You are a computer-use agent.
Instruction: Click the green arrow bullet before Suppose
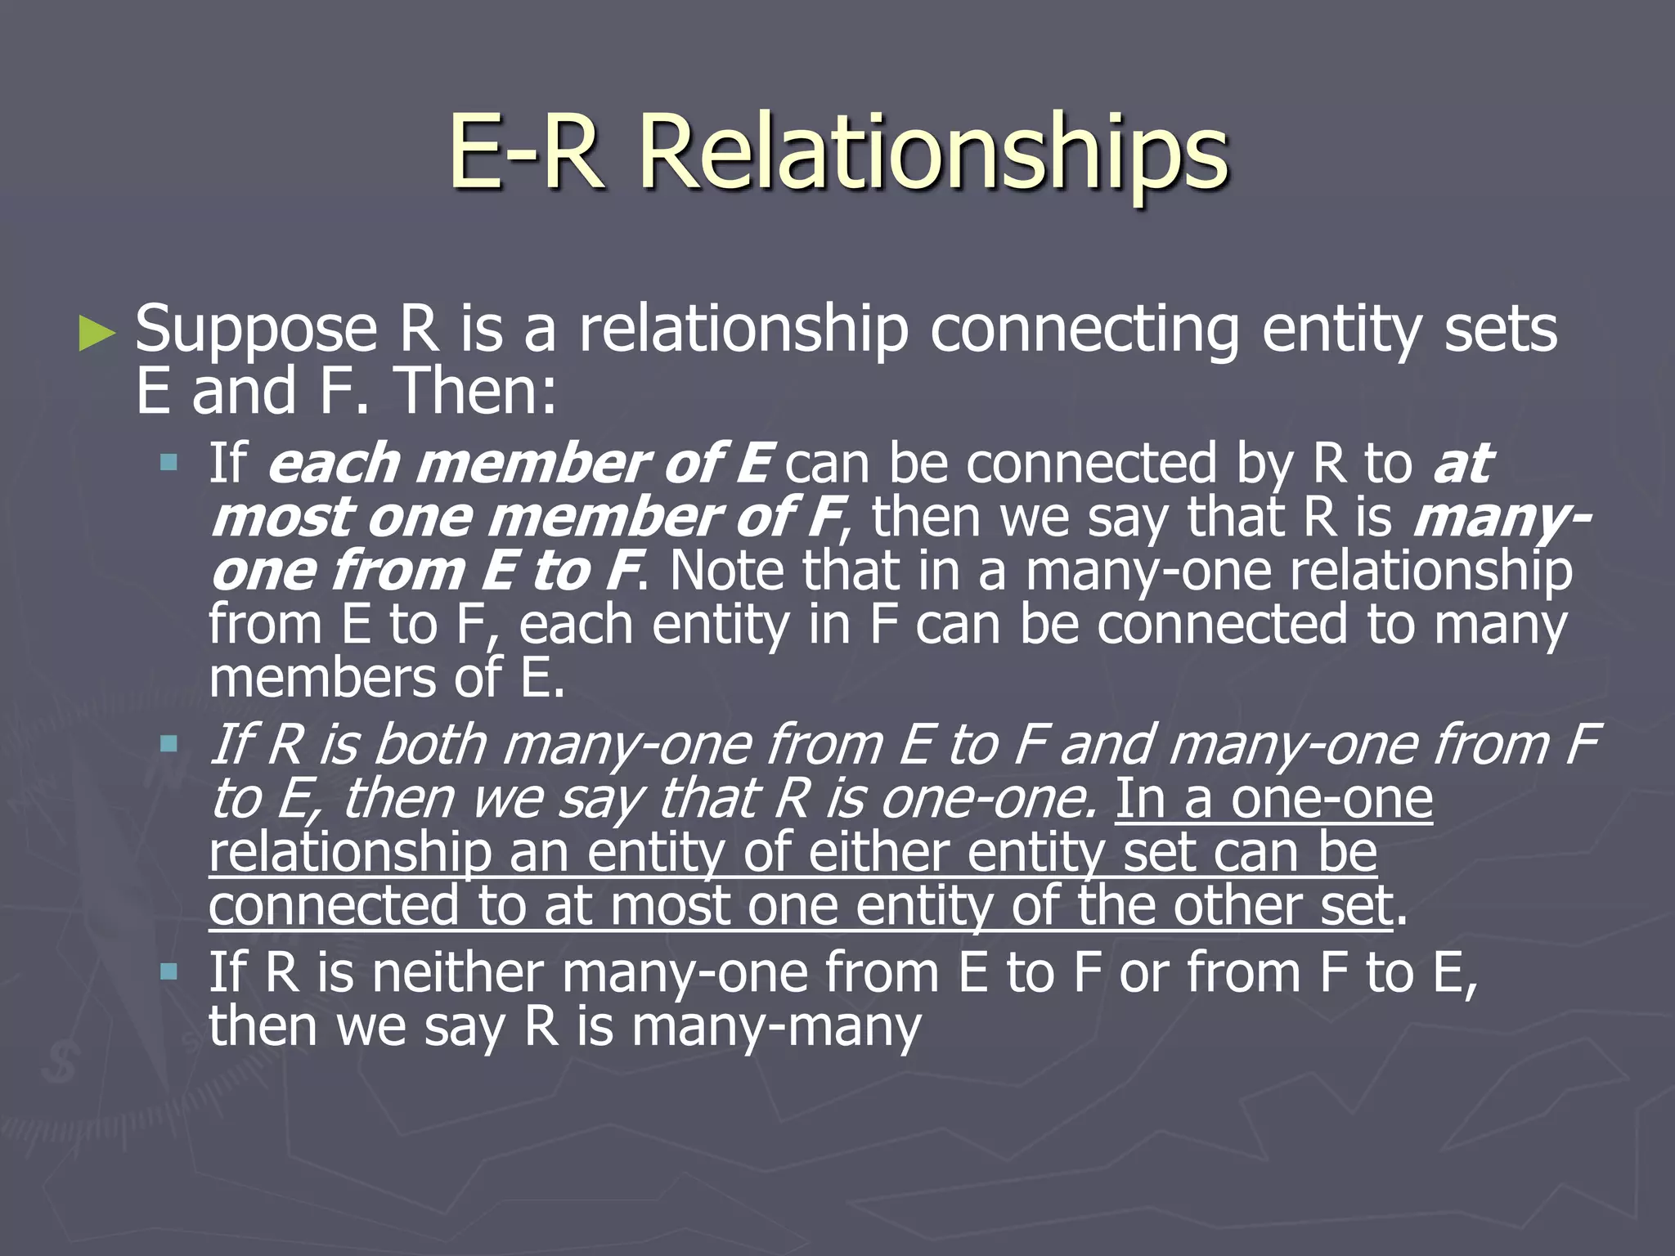tap(97, 334)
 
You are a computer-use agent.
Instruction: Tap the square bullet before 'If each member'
tap(169, 464)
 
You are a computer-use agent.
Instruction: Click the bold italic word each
tap(335, 464)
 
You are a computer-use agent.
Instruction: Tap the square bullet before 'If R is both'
tap(169, 744)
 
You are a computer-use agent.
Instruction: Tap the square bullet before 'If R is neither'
tap(169, 971)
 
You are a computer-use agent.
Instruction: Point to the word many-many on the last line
tap(776, 1027)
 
